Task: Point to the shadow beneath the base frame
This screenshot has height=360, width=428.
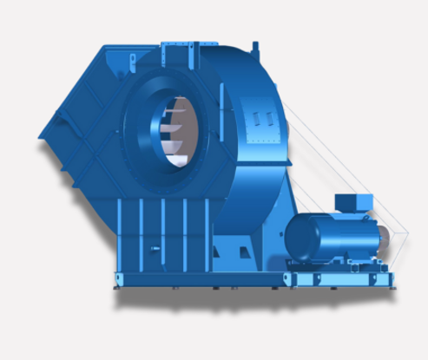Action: pyautogui.click(x=217, y=299)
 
